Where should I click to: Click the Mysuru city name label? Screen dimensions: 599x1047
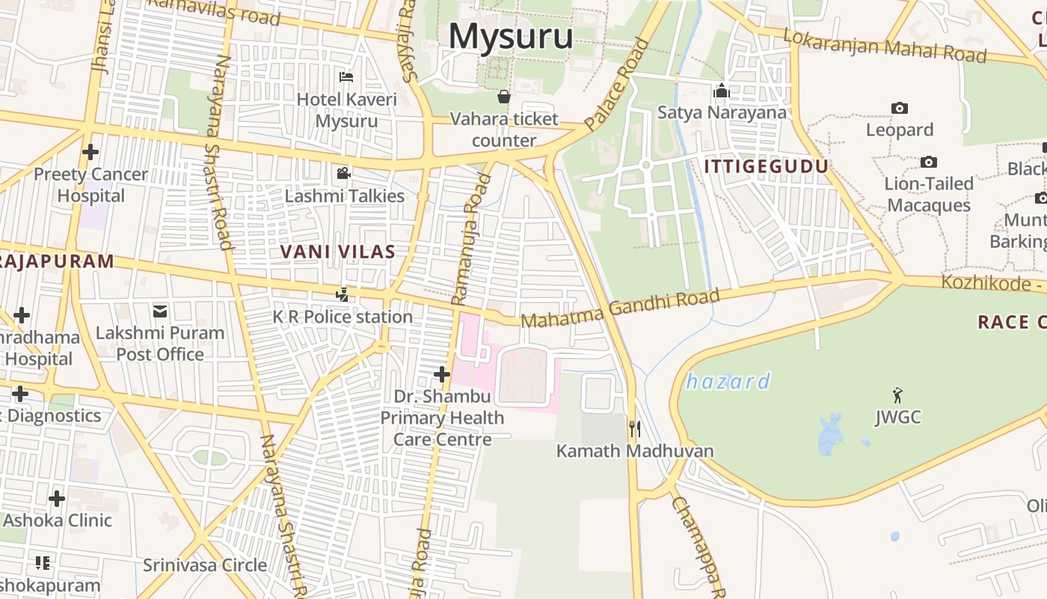coord(512,36)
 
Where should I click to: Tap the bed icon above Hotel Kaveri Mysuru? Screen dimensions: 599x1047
coord(346,76)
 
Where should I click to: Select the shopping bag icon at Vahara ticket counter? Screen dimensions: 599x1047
coord(504,97)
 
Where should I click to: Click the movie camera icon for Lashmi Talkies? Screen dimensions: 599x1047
coord(343,174)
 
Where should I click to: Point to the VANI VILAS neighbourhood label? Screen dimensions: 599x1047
coord(337,252)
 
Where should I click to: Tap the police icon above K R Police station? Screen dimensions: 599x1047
coord(342,294)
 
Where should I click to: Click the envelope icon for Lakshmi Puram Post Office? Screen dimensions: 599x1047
coord(160,311)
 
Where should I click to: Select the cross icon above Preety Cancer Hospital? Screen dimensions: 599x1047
coord(90,152)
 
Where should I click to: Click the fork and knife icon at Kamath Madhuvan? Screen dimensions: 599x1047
coord(634,428)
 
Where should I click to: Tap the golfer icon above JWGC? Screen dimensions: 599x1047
coord(897,395)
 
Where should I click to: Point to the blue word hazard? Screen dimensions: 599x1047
coord(728,382)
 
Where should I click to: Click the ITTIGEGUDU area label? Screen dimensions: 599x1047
coord(767,166)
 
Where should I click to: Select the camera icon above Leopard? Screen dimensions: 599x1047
coord(900,108)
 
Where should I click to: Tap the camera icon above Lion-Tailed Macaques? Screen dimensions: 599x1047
coord(928,162)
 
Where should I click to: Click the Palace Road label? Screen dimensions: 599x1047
coord(616,85)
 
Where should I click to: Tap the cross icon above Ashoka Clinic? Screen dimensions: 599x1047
coord(57,498)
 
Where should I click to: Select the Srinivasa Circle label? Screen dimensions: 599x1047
coord(205,565)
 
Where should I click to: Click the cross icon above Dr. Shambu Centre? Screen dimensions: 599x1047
coord(442,374)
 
